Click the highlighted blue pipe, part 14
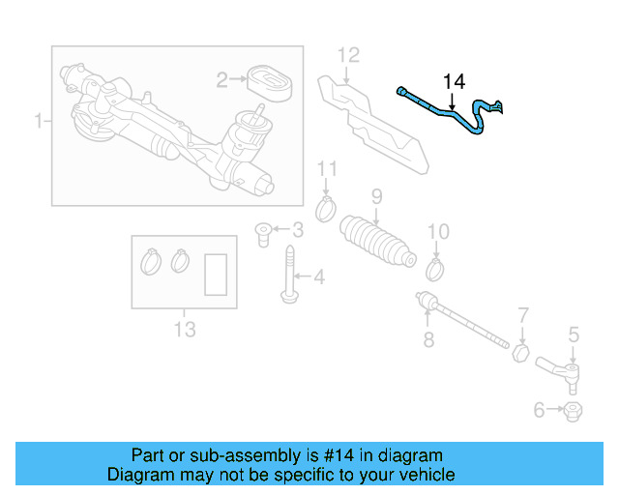point(440,108)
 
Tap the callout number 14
point(454,80)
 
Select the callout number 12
point(348,54)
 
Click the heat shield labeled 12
point(377,121)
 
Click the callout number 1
point(39,122)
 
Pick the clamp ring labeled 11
point(327,206)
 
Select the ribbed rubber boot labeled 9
point(375,243)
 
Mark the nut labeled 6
point(572,412)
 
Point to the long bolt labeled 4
point(288,276)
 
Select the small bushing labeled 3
point(262,231)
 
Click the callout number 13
point(184,331)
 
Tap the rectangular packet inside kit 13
point(217,274)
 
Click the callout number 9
point(376,197)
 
